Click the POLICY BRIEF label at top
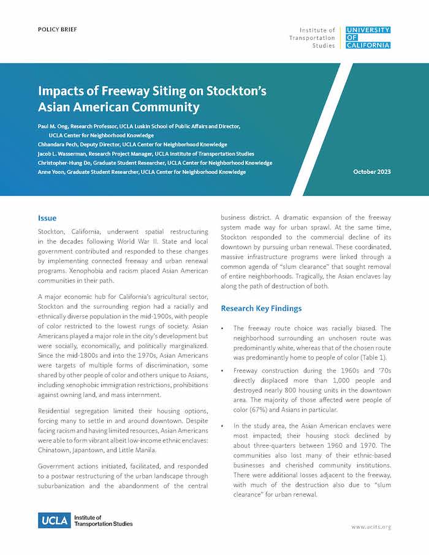click(58, 29)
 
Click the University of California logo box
click(368, 37)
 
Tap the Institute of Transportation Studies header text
click(317, 37)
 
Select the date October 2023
click(372, 172)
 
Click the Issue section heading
click(47, 218)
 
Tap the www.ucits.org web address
click(371, 527)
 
